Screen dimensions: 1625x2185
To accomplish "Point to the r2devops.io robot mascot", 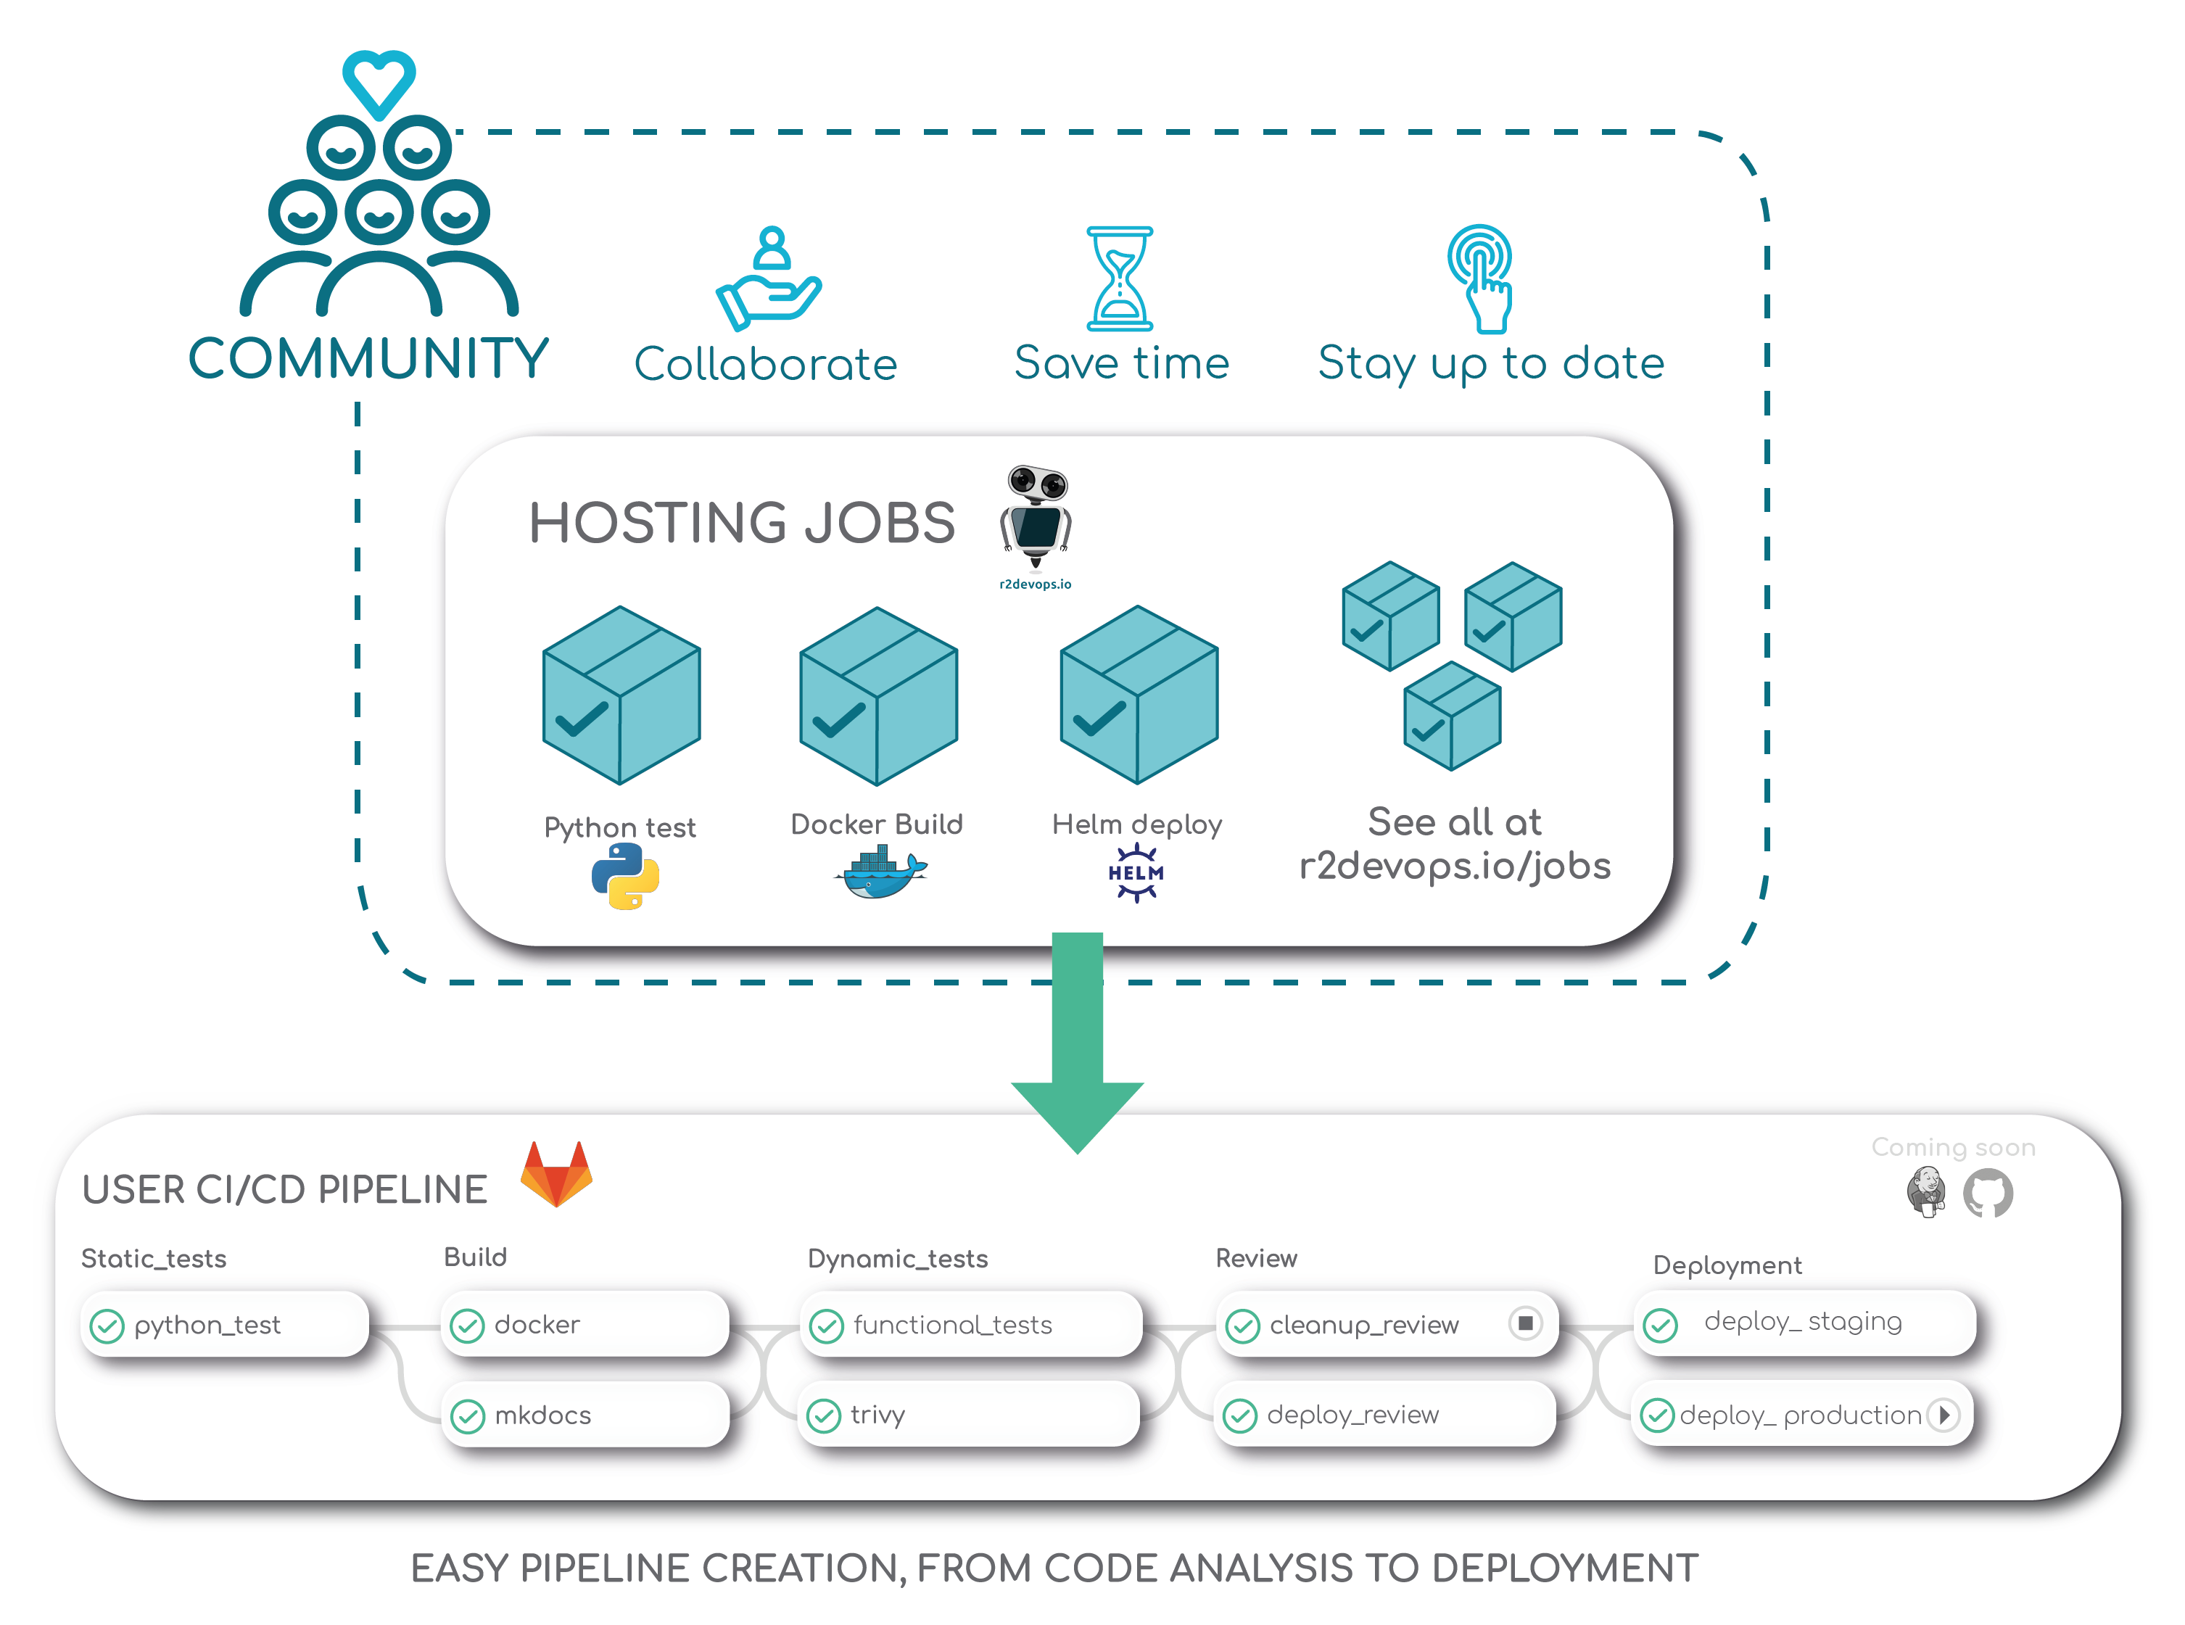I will point(1036,516).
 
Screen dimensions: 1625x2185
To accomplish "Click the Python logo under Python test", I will point(624,877).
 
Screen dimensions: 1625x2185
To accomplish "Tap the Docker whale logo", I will point(880,874).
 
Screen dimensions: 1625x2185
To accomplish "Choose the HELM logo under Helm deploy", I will point(1136,872).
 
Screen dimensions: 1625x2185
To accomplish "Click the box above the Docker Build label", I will point(878,695).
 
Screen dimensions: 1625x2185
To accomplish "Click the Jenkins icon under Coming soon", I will point(1925,1192).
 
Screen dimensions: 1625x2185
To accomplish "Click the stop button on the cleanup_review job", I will point(1525,1323).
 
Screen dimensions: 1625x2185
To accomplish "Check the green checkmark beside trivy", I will point(823,1415).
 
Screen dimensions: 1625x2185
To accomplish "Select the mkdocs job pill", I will point(585,1415).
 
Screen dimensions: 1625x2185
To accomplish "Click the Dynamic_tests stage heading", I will point(897,1258).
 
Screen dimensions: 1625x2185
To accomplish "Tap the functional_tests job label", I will point(952,1325).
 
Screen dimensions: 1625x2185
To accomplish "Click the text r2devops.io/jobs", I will point(1454,866).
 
